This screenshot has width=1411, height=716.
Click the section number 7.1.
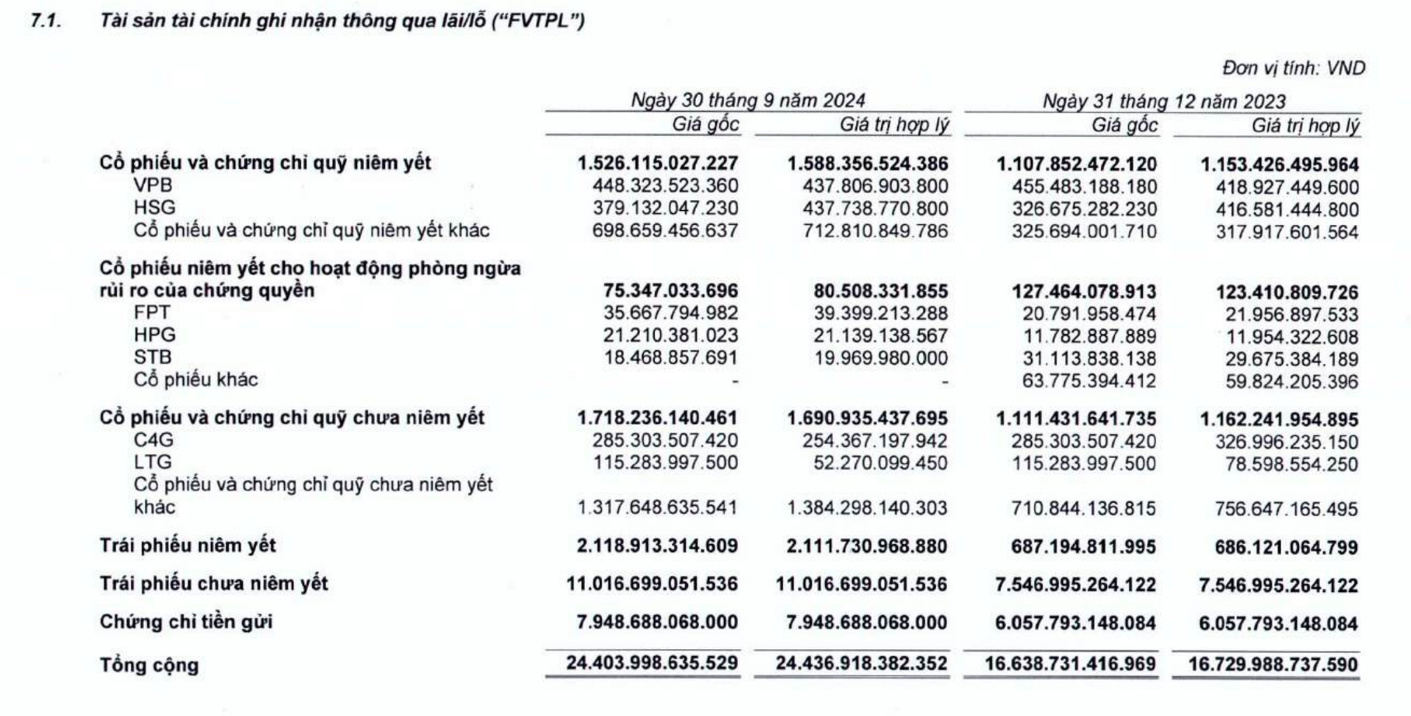click(x=45, y=21)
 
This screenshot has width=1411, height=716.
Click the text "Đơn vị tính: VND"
click(x=1293, y=68)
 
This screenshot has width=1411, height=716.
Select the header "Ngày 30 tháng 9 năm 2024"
click(x=747, y=100)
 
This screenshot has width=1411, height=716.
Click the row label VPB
click(x=152, y=185)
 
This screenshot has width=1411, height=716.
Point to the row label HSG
click(x=154, y=207)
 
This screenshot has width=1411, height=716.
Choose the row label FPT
click(x=151, y=312)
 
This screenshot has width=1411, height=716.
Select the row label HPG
click(x=154, y=334)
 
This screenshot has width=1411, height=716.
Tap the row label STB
click(x=152, y=357)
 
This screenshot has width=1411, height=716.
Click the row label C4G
click(x=154, y=440)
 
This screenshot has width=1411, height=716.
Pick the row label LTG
click(x=153, y=462)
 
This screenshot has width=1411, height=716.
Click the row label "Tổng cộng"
click(x=149, y=665)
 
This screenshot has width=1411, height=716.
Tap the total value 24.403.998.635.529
click(x=652, y=663)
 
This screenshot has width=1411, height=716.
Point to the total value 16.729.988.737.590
click(x=1273, y=665)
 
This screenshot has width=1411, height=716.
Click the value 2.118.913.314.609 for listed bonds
click(x=657, y=546)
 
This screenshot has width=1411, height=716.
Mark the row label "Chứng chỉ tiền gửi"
click(x=186, y=622)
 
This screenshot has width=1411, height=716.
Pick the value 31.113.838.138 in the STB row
click(x=1089, y=359)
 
